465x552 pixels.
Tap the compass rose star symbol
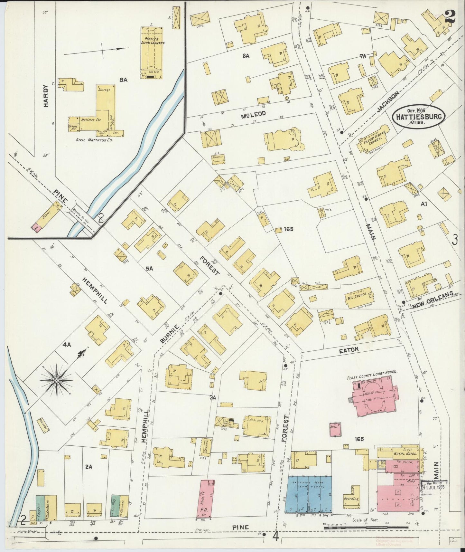click(x=57, y=381)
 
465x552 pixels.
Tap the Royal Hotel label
click(x=405, y=453)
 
